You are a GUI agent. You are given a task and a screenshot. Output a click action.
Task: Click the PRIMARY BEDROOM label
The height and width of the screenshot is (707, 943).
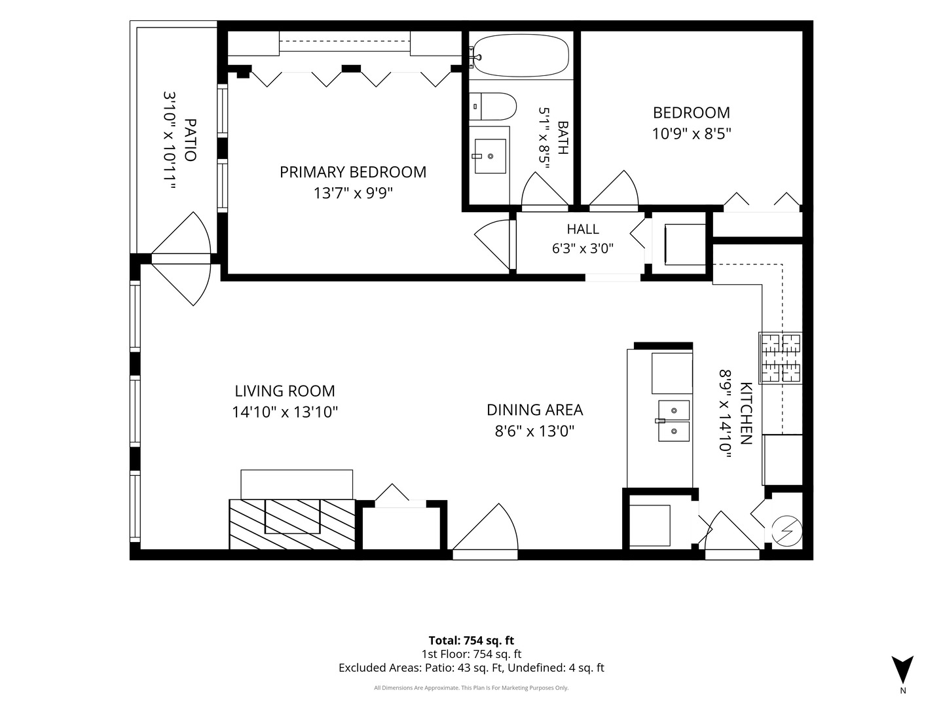[353, 172]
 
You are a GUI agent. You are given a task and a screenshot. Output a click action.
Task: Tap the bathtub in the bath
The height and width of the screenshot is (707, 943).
[521, 56]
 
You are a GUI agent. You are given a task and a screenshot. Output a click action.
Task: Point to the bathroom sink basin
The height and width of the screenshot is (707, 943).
[490, 156]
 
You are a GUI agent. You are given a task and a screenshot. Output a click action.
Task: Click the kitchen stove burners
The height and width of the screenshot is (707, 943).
[780, 358]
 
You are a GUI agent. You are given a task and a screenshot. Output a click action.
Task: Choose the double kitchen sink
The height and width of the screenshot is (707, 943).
[673, 421]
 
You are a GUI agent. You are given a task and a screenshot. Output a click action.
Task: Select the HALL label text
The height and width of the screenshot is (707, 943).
[583, 229]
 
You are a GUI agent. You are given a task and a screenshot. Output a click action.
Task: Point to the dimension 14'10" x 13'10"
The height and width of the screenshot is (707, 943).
[285, 412]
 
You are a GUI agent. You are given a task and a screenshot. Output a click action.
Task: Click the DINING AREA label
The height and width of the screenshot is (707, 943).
[534, 410]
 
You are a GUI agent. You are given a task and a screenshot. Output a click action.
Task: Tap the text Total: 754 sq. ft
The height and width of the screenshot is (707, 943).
[471, 640]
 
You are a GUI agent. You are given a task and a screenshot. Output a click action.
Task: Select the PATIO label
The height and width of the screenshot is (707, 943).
[190, 140]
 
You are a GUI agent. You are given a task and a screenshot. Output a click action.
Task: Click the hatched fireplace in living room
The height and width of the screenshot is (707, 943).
[292, 524]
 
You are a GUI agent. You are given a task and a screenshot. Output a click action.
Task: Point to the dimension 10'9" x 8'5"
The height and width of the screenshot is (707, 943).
[692, 134]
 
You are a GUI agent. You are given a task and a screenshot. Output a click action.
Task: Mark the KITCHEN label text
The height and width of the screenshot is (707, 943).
[745, 413]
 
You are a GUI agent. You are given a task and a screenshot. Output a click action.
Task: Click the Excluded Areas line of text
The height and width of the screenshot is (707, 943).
[471, 668]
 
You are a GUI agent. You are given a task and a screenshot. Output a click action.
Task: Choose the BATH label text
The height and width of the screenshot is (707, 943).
[563, 137]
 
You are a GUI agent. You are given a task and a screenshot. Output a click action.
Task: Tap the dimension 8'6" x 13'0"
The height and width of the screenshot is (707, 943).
[534, 431]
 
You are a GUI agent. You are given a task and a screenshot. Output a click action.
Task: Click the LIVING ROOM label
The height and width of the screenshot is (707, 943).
[285, 391]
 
